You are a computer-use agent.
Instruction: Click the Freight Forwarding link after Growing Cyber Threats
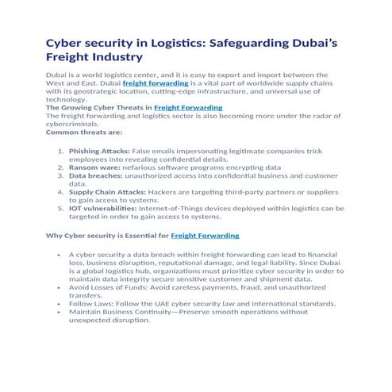click(x=188, y=107)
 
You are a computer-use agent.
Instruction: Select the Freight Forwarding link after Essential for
click(x=205, y=236)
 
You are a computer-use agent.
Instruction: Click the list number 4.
click(x=60, y=192)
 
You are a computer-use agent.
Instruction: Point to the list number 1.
click(x=60, y=150)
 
